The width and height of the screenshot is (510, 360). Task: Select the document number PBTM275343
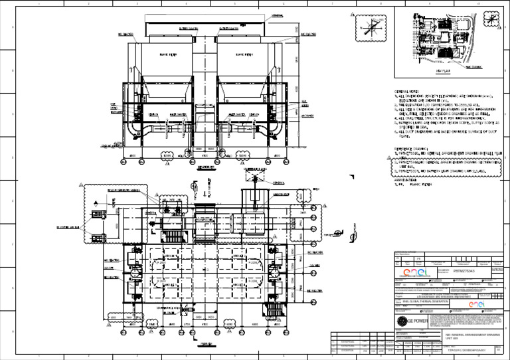(x=463, y=271)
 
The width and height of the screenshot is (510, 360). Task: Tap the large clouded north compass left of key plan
(x=371, y=27)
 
